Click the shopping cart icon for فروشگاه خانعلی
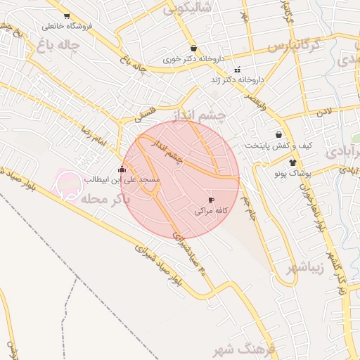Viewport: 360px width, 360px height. point(67,15)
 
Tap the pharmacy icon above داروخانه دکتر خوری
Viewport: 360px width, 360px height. point(193,49)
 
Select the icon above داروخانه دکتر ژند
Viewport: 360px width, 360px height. point(238,70)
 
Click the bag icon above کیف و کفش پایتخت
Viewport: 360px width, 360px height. point(279,134)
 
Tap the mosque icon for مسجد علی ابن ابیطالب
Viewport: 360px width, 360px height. point(122,169)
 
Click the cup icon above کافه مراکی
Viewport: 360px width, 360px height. point(212,200)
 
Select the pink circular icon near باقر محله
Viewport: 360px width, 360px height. point(68,185)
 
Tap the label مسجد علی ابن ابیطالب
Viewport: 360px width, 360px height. point(123,181)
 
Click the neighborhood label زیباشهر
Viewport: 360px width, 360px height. point(305,269)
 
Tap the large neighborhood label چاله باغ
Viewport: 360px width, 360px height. point(56,46)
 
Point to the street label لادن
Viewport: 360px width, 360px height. point(323,111)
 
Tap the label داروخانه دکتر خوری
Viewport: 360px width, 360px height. point(192,60)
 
